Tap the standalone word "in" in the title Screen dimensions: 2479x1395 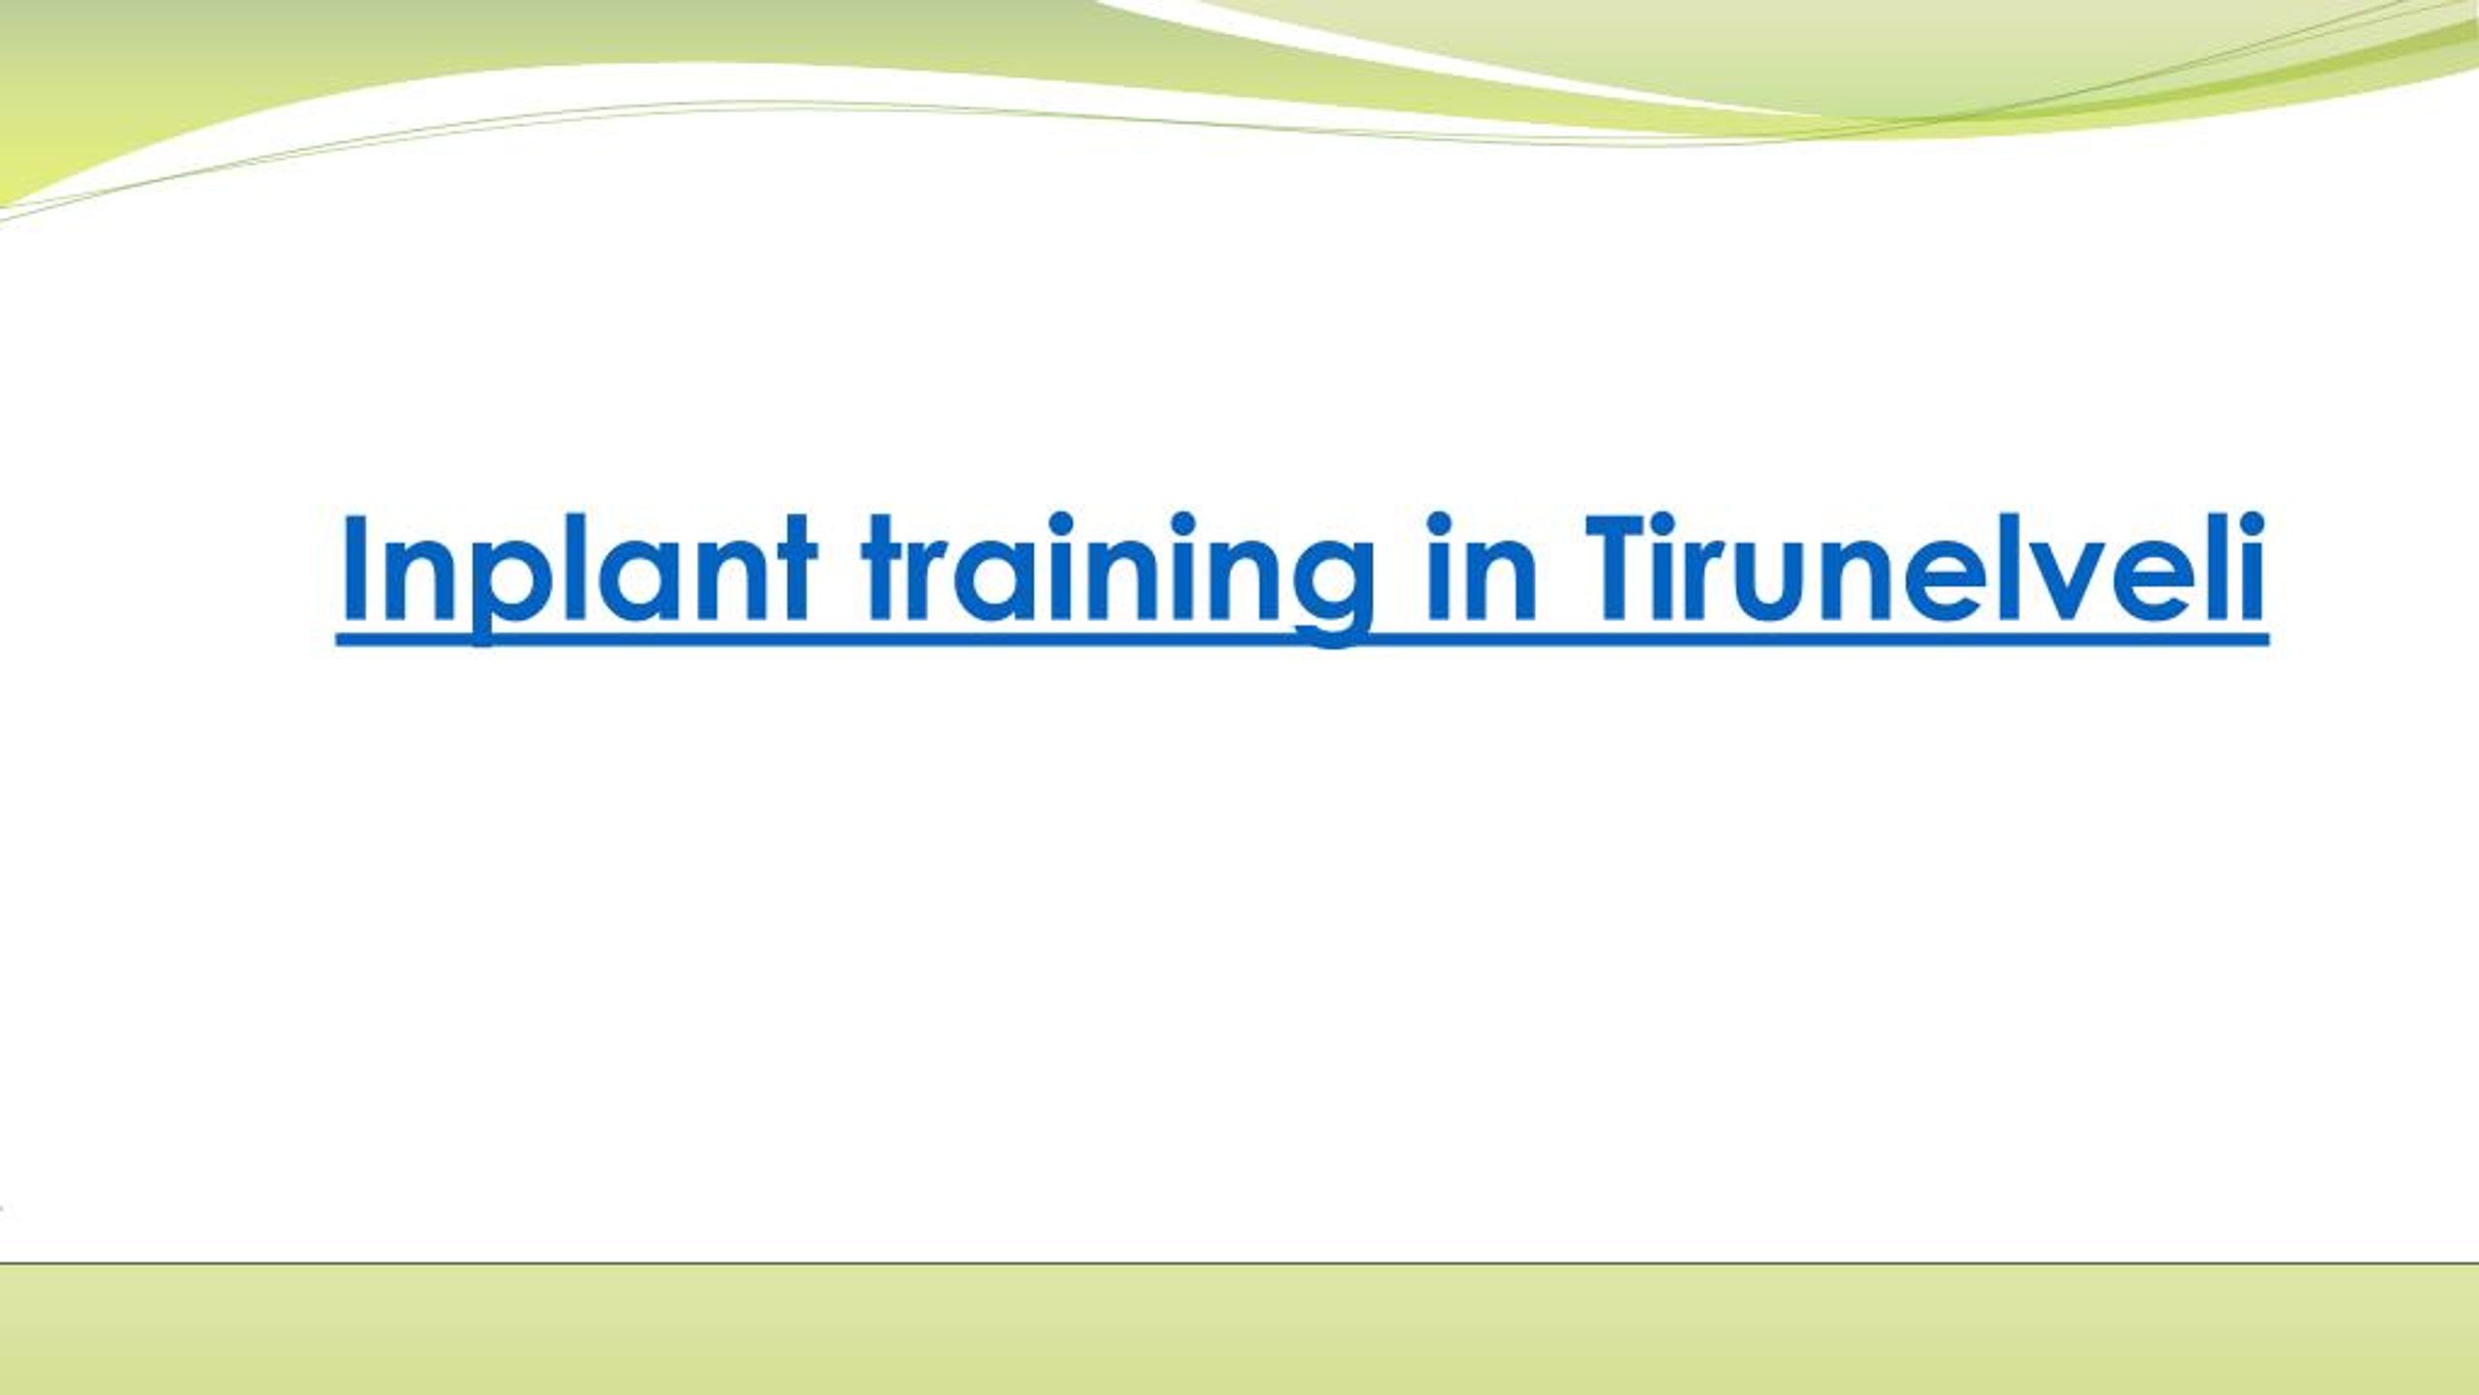(x=1482, y=566)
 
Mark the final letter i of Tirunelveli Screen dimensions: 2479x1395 (x=2252, y=566)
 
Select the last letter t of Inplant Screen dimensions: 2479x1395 (x=793, y=572)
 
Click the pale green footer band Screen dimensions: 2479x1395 (x=1239, y=1330)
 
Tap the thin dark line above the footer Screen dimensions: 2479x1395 (x=1239, y=1263)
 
